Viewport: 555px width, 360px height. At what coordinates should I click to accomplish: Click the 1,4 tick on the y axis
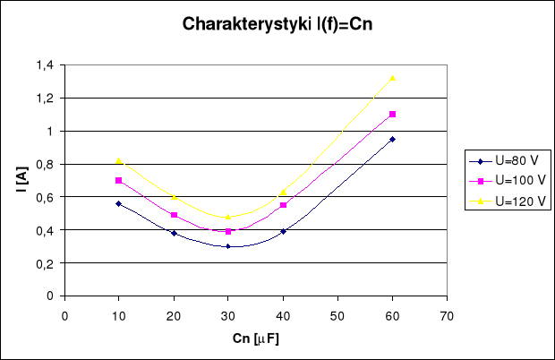(46, 65)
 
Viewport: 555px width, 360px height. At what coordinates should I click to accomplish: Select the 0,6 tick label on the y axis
(46, 197)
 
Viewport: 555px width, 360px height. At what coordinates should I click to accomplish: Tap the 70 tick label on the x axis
(446, 315)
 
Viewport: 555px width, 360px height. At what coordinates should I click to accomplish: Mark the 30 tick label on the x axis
(228, 315)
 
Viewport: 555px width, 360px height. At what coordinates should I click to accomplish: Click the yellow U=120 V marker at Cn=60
(392, 78)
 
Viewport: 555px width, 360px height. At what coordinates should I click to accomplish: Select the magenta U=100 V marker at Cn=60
(392, 114)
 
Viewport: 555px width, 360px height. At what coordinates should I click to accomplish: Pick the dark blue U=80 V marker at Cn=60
(392, 139)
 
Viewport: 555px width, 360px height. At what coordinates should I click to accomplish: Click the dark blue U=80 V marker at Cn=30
(228, 246)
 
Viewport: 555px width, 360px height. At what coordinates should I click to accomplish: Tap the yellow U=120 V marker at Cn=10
(119, 160)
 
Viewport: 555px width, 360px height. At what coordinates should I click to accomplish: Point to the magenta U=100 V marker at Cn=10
(119, 180)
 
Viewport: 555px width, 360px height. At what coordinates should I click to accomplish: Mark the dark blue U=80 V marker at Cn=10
(119, 203)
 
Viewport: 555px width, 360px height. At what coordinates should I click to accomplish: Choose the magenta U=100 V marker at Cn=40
(283, 205)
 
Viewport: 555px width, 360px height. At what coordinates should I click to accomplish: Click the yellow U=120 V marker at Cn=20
(174, 197)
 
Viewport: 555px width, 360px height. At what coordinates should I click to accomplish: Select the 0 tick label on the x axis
(64, 315)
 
